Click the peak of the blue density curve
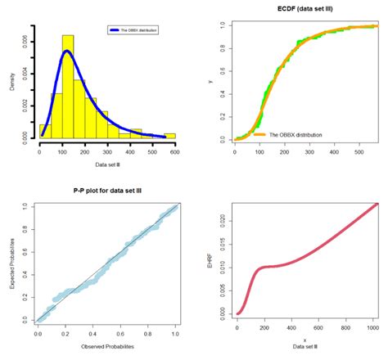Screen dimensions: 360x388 coord(66,52)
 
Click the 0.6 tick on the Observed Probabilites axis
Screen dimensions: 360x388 coord(120,334)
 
